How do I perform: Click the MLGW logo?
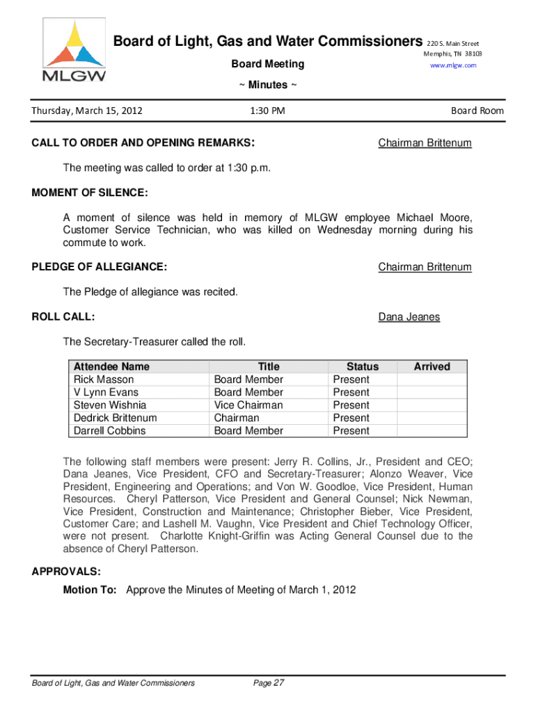[74, 51]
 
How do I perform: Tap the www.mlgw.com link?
[453, 65]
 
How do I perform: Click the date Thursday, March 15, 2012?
[87, 111]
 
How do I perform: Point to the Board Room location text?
[477, 111]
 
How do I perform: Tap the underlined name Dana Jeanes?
[409, 317]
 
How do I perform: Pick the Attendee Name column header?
[111, 366]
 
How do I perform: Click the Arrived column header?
[432, 366]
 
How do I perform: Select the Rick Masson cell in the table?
[104, 380]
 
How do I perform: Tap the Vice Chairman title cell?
[249, 405]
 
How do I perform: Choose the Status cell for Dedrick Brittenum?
[352, 418]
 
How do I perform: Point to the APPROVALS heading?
[66, 572]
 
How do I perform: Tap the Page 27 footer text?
[269, 683]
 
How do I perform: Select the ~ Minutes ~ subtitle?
[267, 85]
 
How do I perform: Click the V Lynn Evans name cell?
[106, 392]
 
